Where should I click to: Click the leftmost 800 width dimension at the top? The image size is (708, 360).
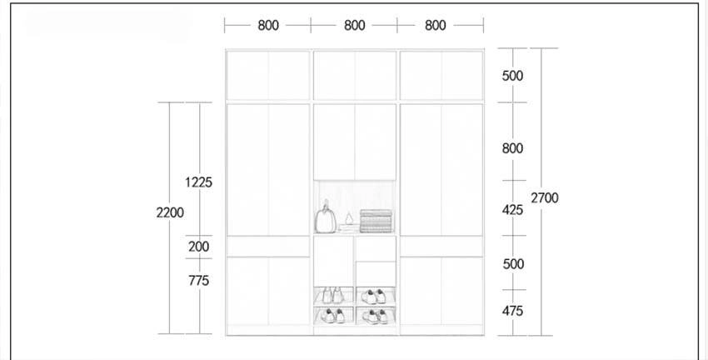pos(268,26)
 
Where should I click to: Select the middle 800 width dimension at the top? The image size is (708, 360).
pos(355,26)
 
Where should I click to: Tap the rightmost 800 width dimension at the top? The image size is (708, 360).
pos(436,26)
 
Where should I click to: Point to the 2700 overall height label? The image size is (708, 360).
pos(545,197)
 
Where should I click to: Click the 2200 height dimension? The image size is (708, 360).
pos(170,212)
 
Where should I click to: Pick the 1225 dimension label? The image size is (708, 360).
pos(199,182)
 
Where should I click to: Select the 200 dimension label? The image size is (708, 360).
pos(199,247)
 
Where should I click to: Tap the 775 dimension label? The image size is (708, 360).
pos(199,281)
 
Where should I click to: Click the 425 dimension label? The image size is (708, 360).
pos(513,210)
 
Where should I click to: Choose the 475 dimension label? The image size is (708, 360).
pos(513,311)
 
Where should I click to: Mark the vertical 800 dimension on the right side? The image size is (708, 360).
pos(513,148)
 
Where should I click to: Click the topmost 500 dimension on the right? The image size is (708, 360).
pos(513,76)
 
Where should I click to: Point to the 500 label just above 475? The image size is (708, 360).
pos(513,264)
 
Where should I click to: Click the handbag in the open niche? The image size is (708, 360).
pos(326,218)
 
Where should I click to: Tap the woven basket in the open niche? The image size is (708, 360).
pos(376,222)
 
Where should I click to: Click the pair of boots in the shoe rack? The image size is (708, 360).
pos(332,295)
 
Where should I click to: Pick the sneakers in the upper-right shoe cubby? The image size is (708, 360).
pos(374,297)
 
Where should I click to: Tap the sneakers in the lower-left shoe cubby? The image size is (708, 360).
pos(333,316)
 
